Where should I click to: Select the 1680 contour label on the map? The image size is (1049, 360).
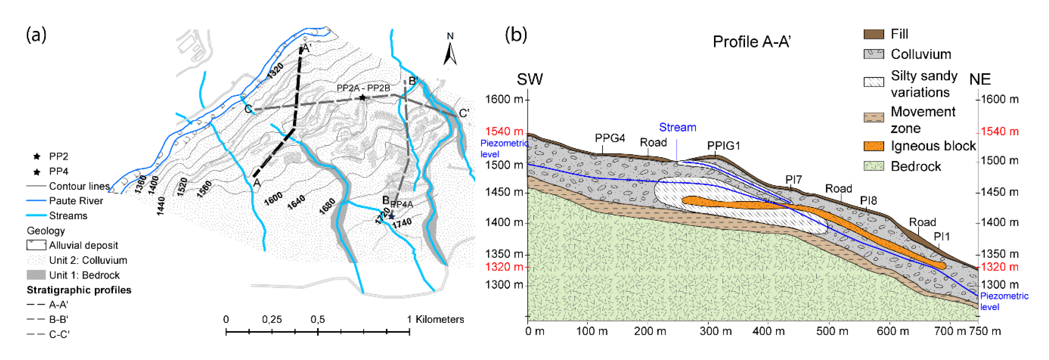[327, 206]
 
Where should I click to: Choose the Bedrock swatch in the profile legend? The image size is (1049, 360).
[874, 166]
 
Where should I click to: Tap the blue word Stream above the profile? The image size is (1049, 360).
[677, 128]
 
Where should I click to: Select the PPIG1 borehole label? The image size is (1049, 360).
[723, 146]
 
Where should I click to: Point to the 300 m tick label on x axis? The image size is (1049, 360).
[716, 331]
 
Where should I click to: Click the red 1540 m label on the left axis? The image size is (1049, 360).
[504, 132]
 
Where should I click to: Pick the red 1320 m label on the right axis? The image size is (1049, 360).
[999, 267]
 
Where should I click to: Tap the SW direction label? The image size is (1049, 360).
[529, 79]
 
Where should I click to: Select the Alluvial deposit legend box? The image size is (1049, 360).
[36, 245]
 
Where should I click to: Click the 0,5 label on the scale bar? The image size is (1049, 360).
[318, 319]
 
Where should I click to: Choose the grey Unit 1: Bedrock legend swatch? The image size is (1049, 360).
[36, 275]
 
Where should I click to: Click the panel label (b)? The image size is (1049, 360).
[516, 35]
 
